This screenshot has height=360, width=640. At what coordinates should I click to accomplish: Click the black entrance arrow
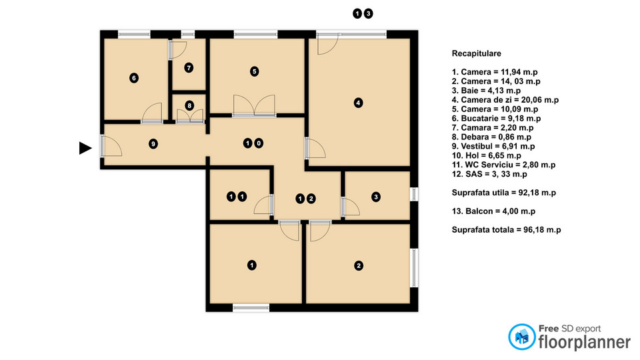coord(85,148)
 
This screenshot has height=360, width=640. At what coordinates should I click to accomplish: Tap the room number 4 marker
coord(359,103)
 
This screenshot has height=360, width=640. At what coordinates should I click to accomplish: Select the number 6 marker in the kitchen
coord(134,78)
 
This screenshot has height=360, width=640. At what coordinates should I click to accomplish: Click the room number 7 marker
coord(189,67)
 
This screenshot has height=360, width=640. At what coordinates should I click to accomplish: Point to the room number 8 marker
coord(189,105)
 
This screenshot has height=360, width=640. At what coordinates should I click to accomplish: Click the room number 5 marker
coord(254,71)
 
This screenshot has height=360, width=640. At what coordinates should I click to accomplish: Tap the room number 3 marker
coord(376,197)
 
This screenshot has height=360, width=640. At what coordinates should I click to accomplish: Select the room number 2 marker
coord(359,266)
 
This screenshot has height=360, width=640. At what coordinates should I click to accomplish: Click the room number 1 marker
coord(252,265)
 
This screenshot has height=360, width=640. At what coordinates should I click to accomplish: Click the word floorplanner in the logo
coord(584,342)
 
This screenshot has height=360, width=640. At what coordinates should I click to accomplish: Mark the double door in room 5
coord(254,107)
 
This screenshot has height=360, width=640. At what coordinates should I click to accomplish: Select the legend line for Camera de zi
coord(505,99)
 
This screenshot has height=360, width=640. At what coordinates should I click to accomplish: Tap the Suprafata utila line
coord(504,193)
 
